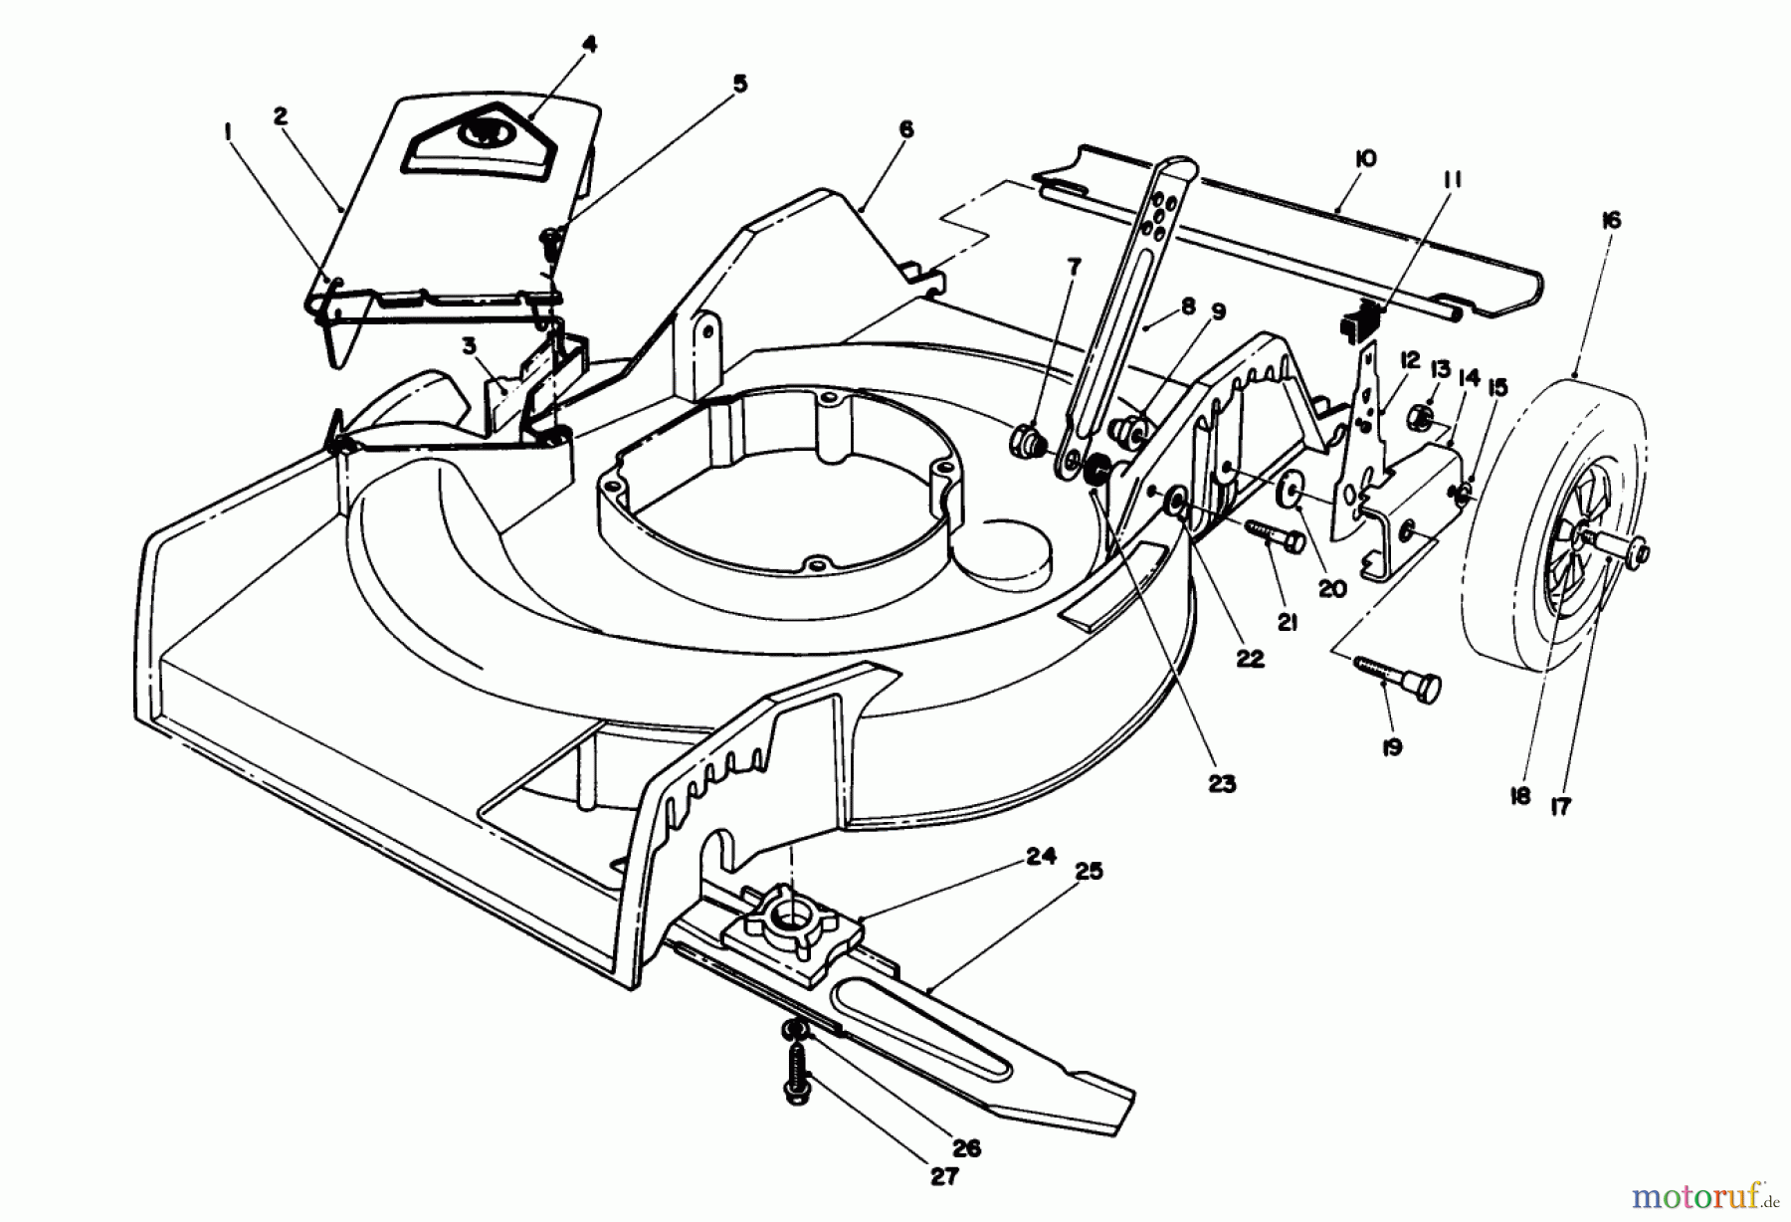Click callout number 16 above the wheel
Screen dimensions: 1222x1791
click(x=1612, y=220)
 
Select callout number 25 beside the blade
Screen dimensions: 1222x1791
click(x=1090, y=871)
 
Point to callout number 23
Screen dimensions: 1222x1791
click(x=1222, y=783)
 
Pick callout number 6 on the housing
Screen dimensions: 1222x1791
click(x=904, y=130)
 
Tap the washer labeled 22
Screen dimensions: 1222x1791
click(x=1174, y=504)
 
